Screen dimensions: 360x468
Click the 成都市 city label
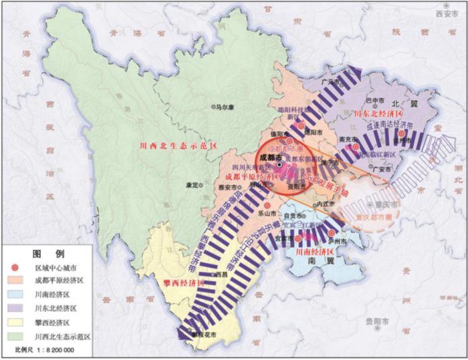coord(266,157)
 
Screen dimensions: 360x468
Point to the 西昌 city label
coord(221,274)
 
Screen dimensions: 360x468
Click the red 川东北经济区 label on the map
coord(379,114)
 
